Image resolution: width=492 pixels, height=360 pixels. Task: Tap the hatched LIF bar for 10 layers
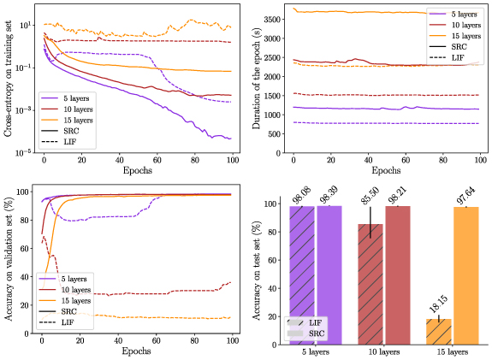[370, 285]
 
